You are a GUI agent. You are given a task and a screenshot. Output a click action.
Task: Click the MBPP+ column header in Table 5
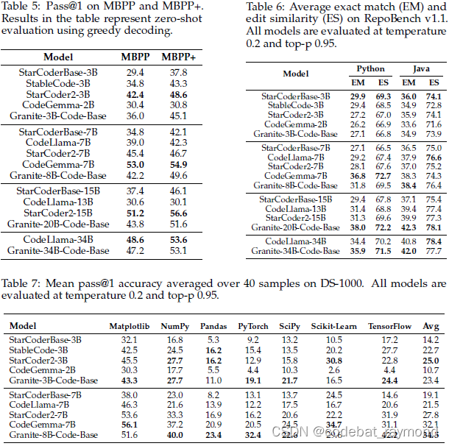(x=179, y=57)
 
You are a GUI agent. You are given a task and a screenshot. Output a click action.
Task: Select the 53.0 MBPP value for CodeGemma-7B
(x=135, y=164)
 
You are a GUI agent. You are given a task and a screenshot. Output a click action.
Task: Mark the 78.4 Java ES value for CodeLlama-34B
(x=434, y=241)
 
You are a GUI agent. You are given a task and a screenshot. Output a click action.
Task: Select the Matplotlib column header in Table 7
(x=130, y=326)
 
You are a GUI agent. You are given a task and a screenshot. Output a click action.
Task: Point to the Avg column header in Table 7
(x=431, y=326)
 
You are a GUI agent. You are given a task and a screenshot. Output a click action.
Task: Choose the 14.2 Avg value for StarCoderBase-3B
(x=431, y=339)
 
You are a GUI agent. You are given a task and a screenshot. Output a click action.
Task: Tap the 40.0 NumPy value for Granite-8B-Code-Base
(x=174, y=436)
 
